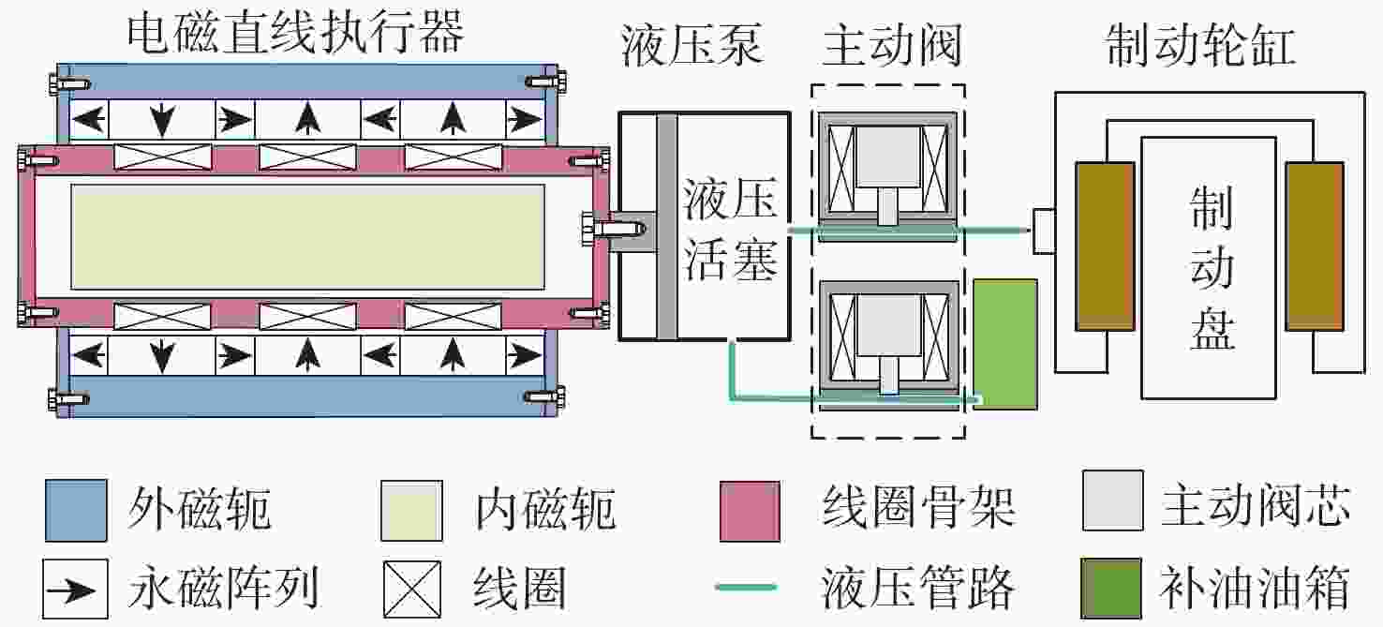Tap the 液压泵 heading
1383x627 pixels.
tap(692, 44)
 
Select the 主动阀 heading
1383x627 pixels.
tap(893, 44)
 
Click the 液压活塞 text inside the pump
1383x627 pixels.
tap(730, 229)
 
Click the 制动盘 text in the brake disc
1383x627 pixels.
tap(1212, 267)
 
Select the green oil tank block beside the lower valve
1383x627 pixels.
tap(1005, 344)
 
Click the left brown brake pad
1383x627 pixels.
tap(1105, 246)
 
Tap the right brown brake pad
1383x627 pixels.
tap(1315, 246)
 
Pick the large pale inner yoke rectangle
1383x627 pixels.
tap(308, 236)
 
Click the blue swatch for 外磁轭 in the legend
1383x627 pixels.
tap(76, 510)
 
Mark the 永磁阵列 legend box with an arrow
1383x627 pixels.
tap(75, 589)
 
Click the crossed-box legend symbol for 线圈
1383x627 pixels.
tap(412, 589)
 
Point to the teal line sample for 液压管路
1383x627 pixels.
tap(746, 587)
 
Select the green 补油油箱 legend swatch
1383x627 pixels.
tap(1110, 588)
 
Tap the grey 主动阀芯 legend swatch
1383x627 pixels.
tap(1112, 500)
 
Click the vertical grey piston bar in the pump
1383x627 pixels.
tap(667, 226)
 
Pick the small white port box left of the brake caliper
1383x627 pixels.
tap(1044, 231)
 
